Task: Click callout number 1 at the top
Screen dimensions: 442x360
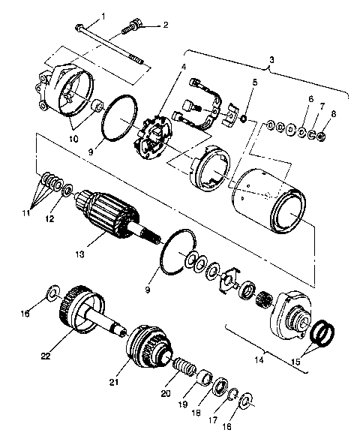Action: pyautogui.click(x=103, y=16)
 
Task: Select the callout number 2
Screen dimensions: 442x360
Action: pyautogui.click(x=166, y=25)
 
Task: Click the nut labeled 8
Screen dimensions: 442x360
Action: pyautogui.click(x=320, y=137)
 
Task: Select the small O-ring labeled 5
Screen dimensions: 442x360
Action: pyautogui.click(x=243, y=119)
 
